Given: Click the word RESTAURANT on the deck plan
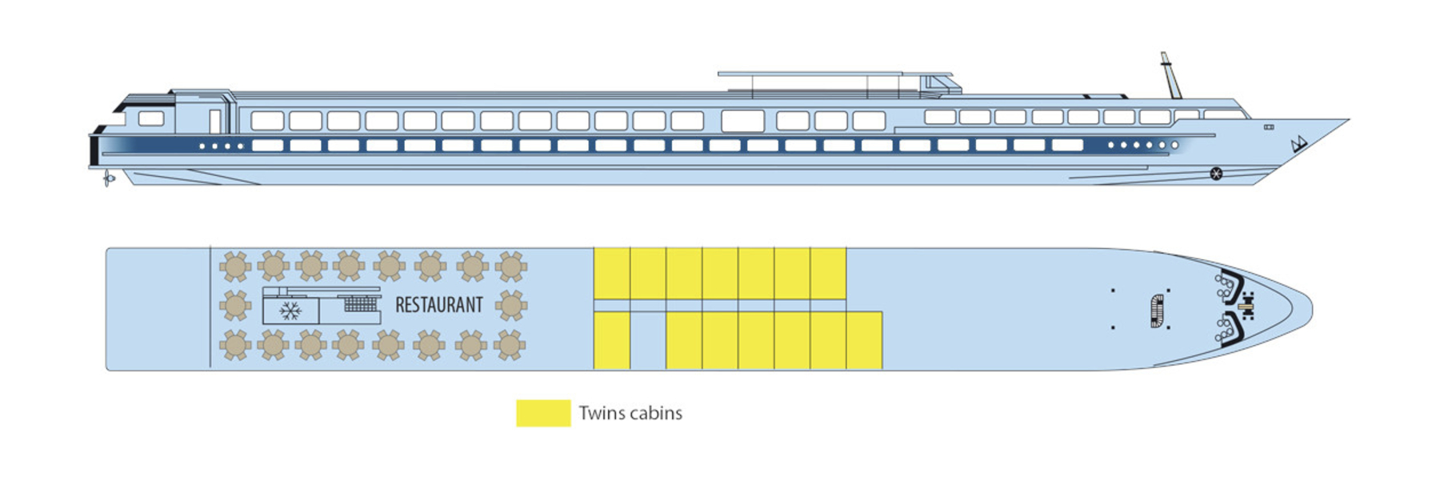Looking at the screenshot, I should [x=439, y=305].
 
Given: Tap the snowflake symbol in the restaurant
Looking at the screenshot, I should [x=290, y=311].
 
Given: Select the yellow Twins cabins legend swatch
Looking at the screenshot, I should [x=543, y=413].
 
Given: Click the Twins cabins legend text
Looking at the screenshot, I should [x=630, y=413].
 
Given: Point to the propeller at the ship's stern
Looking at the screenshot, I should [x=107, y=178].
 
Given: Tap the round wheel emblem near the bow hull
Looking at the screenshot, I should [x=1216, y=173].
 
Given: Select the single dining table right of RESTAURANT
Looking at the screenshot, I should [x=511, y=305].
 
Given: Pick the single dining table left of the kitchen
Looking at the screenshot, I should [x=235, y=306].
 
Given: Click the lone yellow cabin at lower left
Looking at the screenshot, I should [x=612, y=340].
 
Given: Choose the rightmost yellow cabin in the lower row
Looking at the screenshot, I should [x=864, y=340].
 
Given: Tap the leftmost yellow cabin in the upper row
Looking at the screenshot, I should [x=612, y=273].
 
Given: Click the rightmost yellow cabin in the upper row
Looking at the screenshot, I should [x=828, y=273].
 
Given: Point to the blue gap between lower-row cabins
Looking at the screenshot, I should [x=648, y=340].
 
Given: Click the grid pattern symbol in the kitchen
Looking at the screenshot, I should [x=361, y=303].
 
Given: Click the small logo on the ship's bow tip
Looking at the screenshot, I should [x=1298, y=145].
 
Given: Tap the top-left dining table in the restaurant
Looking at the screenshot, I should [x=235, y=267].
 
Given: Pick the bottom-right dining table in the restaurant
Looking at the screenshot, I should [x=510, y=346].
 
